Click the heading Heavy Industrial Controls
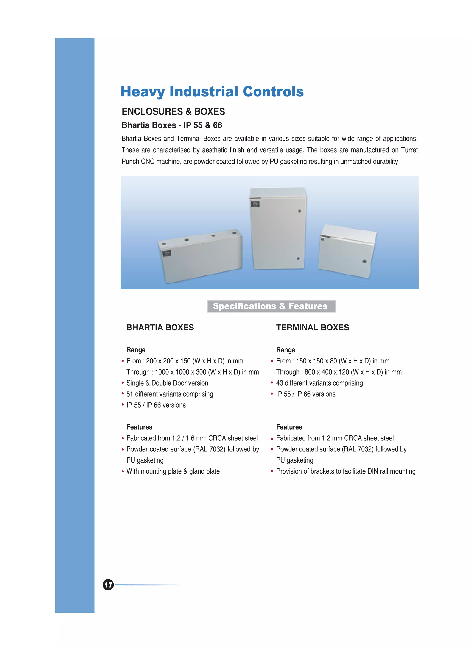pyautogui.click(x=212, y=92)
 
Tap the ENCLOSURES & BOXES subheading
pyautogui.click(x=173, y=111)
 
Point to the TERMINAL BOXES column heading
pyautogui.click(x=312, y=327)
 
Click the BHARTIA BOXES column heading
pyautogui.click(x=160, y=327)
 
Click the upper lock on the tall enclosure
pyautogui.click(x=299, y=211)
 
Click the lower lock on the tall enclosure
pyautogui.click(x=298, y=259)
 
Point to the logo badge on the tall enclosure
pyautogui.click(x=255, y=204)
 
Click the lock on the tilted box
pyautogui.click(x=364, y=261)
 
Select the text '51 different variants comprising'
pyautogui.click(x=170, y=394)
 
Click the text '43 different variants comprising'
pyautogui.click(x=319, y=383)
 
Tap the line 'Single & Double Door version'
pyautogui.click(x=167, y=383)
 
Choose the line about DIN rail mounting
pyautogui.click(x=346, y=471)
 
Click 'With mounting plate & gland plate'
pyautogui.click(x=173, y=471)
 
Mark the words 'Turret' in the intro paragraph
pyautogui.click(x=409, y=150)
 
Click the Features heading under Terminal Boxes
pyautogui.click(x=289, y=427)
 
